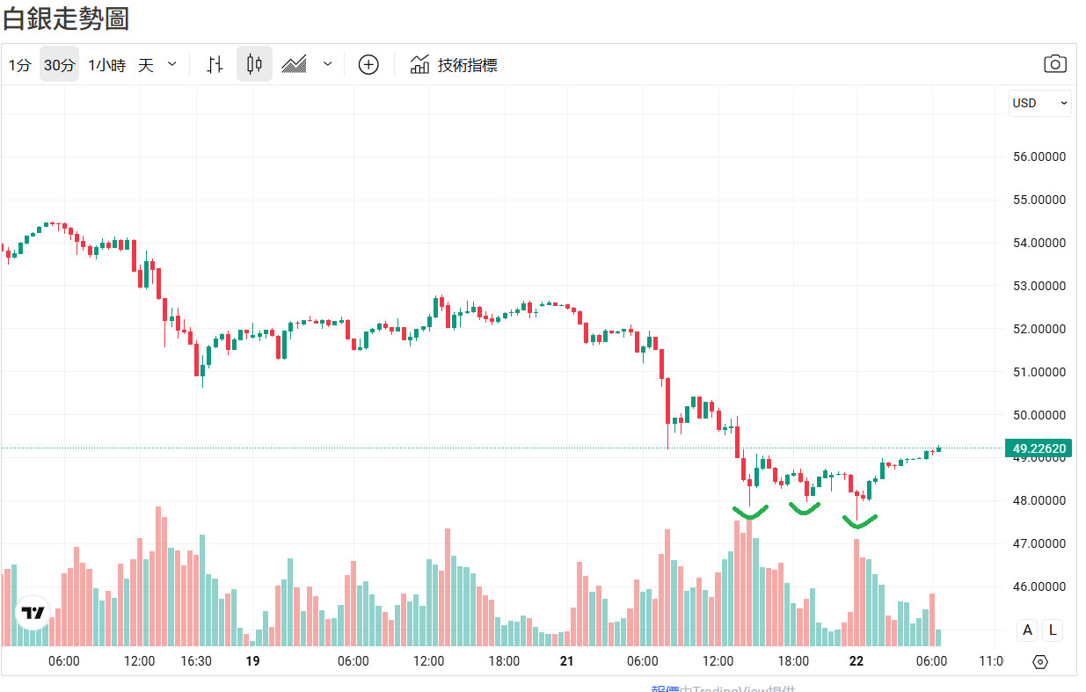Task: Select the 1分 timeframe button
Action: coord(19,65)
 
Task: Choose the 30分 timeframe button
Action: coord(59,65)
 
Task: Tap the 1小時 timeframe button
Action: coord(106,65)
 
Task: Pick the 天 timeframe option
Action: coord(146,65)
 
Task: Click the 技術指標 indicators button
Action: coord(454,65)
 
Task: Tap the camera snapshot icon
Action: coord(1054,64)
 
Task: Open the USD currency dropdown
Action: coord(1039,103)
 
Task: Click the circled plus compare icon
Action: coord(368,64)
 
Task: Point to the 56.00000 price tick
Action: coord(1039,157)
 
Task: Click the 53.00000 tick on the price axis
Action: coord(1039,286)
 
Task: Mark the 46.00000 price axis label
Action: coord(1039,586)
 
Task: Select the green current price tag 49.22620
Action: coord(1039,448)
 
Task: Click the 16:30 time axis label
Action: coord(195,661)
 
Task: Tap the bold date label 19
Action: coord(252,661)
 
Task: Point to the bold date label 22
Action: coord(856,661)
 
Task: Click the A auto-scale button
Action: coord(1027,630)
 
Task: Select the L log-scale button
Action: coord(1052,630)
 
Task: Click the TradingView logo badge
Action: coord(33,613)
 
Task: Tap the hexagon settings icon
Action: coord(1040,662)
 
